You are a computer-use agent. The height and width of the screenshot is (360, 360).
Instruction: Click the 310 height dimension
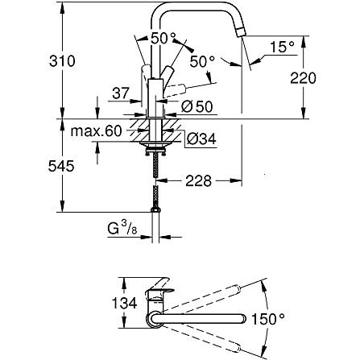tap(62, 61)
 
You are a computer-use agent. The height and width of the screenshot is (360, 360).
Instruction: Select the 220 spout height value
tap(303, 78)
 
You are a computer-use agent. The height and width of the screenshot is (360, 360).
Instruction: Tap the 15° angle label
tap(282, 47)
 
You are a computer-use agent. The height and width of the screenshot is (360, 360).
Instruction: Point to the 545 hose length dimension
tap(61, 167)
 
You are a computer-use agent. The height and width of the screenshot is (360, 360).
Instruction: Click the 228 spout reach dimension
tap(198, 181)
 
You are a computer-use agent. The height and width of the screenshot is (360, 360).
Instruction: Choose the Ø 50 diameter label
tap(197, 107)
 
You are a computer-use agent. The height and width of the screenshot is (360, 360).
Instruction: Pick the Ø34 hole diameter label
tap(201, 139)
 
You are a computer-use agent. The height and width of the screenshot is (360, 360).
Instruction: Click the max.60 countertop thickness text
tap(97, 131)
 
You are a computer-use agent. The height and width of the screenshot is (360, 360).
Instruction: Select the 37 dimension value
tap(121, 93)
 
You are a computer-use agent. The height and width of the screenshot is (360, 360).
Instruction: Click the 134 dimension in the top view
tap(124, 304)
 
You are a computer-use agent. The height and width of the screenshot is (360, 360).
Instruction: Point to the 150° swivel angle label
tap(268, 319)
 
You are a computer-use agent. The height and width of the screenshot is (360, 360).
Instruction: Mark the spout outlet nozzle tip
tap(242, 32)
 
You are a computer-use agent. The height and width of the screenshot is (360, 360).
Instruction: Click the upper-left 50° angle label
tap(163, 38)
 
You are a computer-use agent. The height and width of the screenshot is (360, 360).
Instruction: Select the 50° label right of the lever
tap(202, 61)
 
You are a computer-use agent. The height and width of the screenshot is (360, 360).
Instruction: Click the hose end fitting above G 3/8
tap(155, 210)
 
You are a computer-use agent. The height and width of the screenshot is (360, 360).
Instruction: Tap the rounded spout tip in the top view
tap(242, 319)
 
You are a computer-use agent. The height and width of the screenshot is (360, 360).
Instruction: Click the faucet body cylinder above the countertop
tap(155, 97)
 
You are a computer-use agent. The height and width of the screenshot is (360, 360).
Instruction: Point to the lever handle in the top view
tap(159, 292)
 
